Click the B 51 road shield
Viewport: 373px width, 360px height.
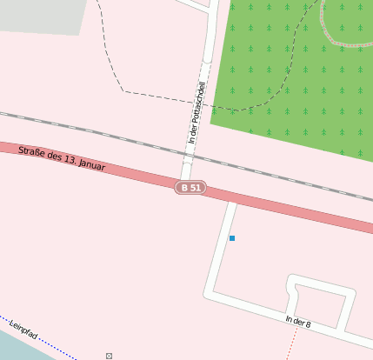pos(190,187)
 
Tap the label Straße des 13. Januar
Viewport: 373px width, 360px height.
pos(62,158)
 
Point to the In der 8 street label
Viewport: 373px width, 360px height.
pos(297,322)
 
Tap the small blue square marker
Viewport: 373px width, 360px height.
pos(231,237)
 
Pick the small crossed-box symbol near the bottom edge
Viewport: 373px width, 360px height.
pos(109,356)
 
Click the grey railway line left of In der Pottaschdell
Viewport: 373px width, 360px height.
pos(87,130)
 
